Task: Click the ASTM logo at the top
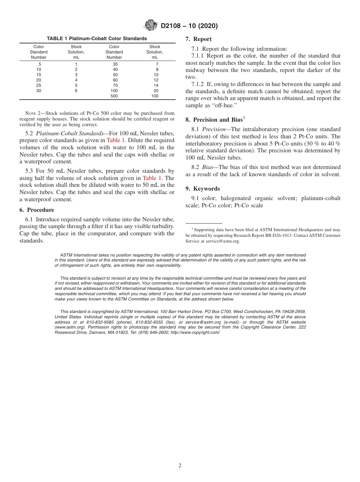tap(151, 26)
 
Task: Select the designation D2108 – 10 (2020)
tap(189, 26)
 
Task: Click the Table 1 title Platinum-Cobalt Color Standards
tap(97, 39)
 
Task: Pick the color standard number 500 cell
tap(114, 96)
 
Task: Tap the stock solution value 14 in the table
tap(155, 86)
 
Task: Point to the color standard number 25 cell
tap(39, 86)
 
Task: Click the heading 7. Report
tap(199, 39)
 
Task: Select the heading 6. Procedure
tap(37, 210)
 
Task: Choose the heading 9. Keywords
tap(203, 189)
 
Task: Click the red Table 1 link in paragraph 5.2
tap(113, 140)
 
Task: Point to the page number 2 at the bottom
tap(180, 466)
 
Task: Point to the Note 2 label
tap(33, 113)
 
